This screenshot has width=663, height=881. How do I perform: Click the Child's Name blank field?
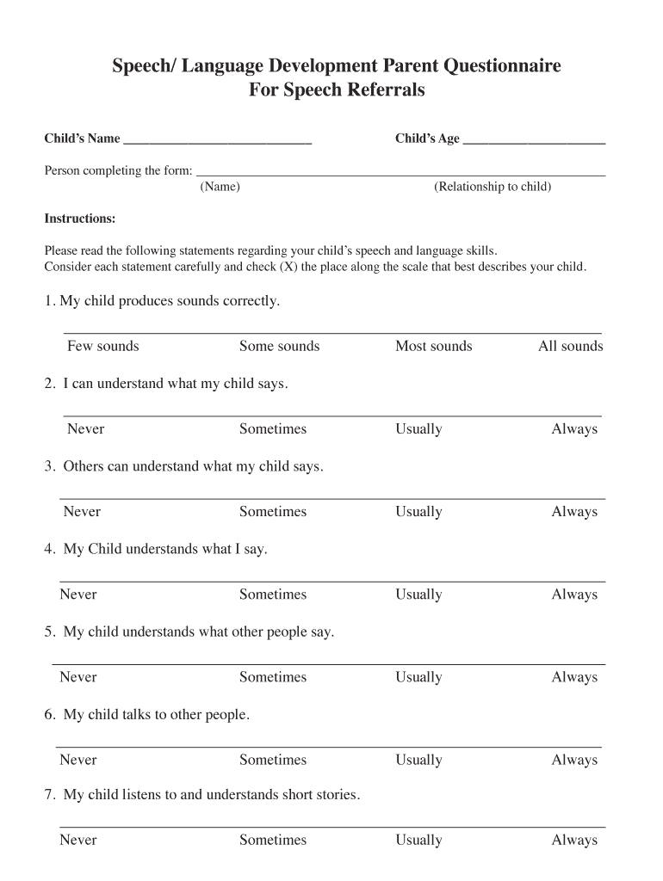[217, 139]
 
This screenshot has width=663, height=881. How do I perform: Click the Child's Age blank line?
[534, 139]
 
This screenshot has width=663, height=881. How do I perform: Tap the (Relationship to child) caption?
[493, 187]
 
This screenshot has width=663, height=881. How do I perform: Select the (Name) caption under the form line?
[220, 187]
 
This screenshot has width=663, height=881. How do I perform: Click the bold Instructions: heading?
[80, 219]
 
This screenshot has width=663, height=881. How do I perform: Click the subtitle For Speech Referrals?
[337, 89]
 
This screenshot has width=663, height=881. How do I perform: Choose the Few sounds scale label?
[103, 347]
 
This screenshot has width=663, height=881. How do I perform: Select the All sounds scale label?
[570, 347]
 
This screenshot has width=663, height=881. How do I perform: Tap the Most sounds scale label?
[433, 347]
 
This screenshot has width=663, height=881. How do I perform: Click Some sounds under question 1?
[279, 347]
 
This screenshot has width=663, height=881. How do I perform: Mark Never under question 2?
[86, 429]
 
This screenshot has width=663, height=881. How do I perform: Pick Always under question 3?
[574, 512]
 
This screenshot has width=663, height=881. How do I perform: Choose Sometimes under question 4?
[272, 595]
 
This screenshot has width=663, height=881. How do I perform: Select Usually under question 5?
[418, 677]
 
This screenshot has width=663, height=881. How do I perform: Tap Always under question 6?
[574, 760]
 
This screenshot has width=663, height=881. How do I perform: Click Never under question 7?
[78, 840]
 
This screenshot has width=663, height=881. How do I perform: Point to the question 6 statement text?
[156, 715]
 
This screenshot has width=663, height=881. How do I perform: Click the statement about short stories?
[211, 795]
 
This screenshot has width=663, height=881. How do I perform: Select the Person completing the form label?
[118, 170]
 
